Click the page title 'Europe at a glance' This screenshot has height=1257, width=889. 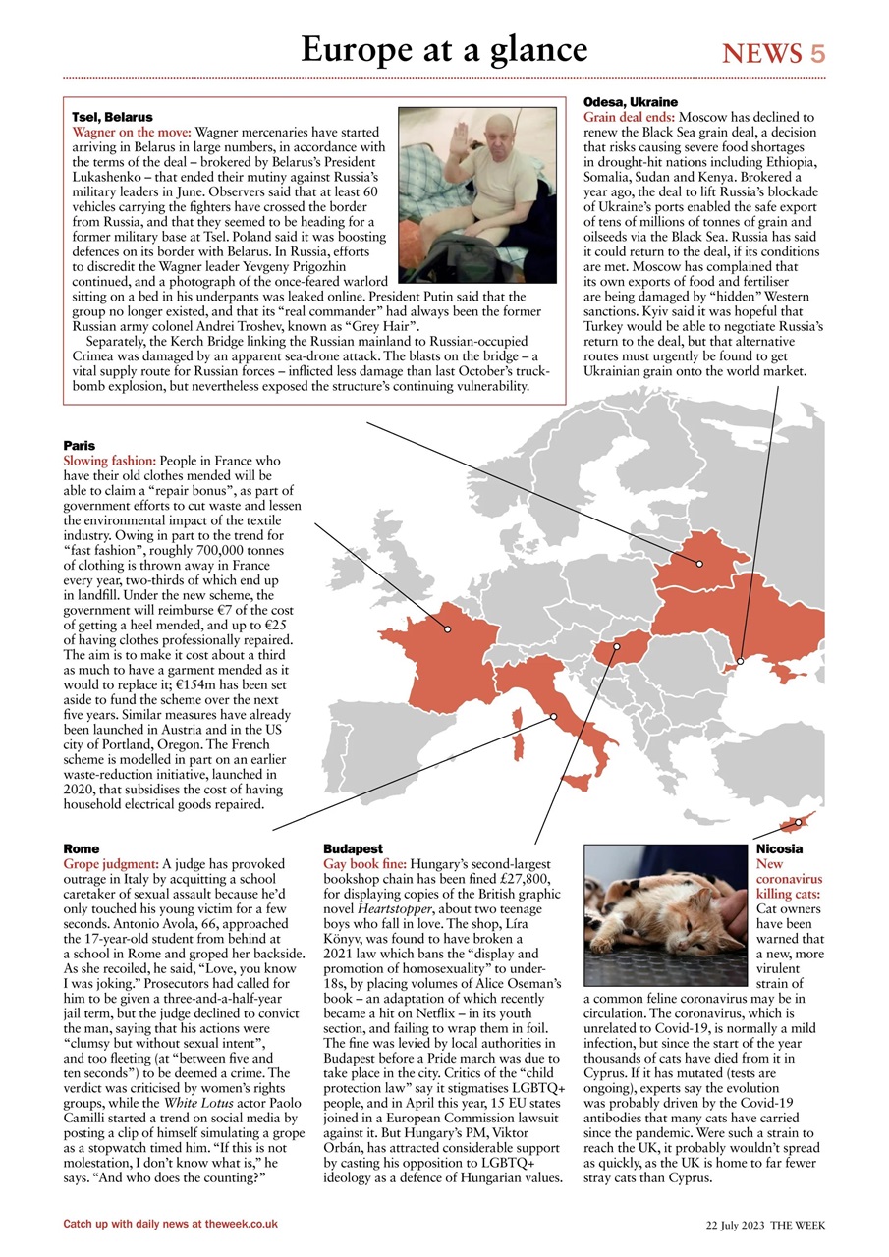444,49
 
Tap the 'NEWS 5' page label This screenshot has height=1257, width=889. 774,53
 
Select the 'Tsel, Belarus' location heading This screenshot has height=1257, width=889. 112,117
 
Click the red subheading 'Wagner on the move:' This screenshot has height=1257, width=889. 133,131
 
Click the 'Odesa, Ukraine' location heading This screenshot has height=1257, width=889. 630,102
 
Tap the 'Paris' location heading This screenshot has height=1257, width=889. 79,446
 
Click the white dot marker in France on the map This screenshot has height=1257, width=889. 447,628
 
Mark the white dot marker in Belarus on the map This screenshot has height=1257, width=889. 699,564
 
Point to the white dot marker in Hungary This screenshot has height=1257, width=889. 617,646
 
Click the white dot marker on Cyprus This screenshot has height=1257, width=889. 799,821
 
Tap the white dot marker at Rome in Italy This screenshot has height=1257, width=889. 554,716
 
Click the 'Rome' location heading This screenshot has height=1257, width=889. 81,848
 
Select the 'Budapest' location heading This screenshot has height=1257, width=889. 353,848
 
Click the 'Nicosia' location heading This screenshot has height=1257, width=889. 779,848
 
